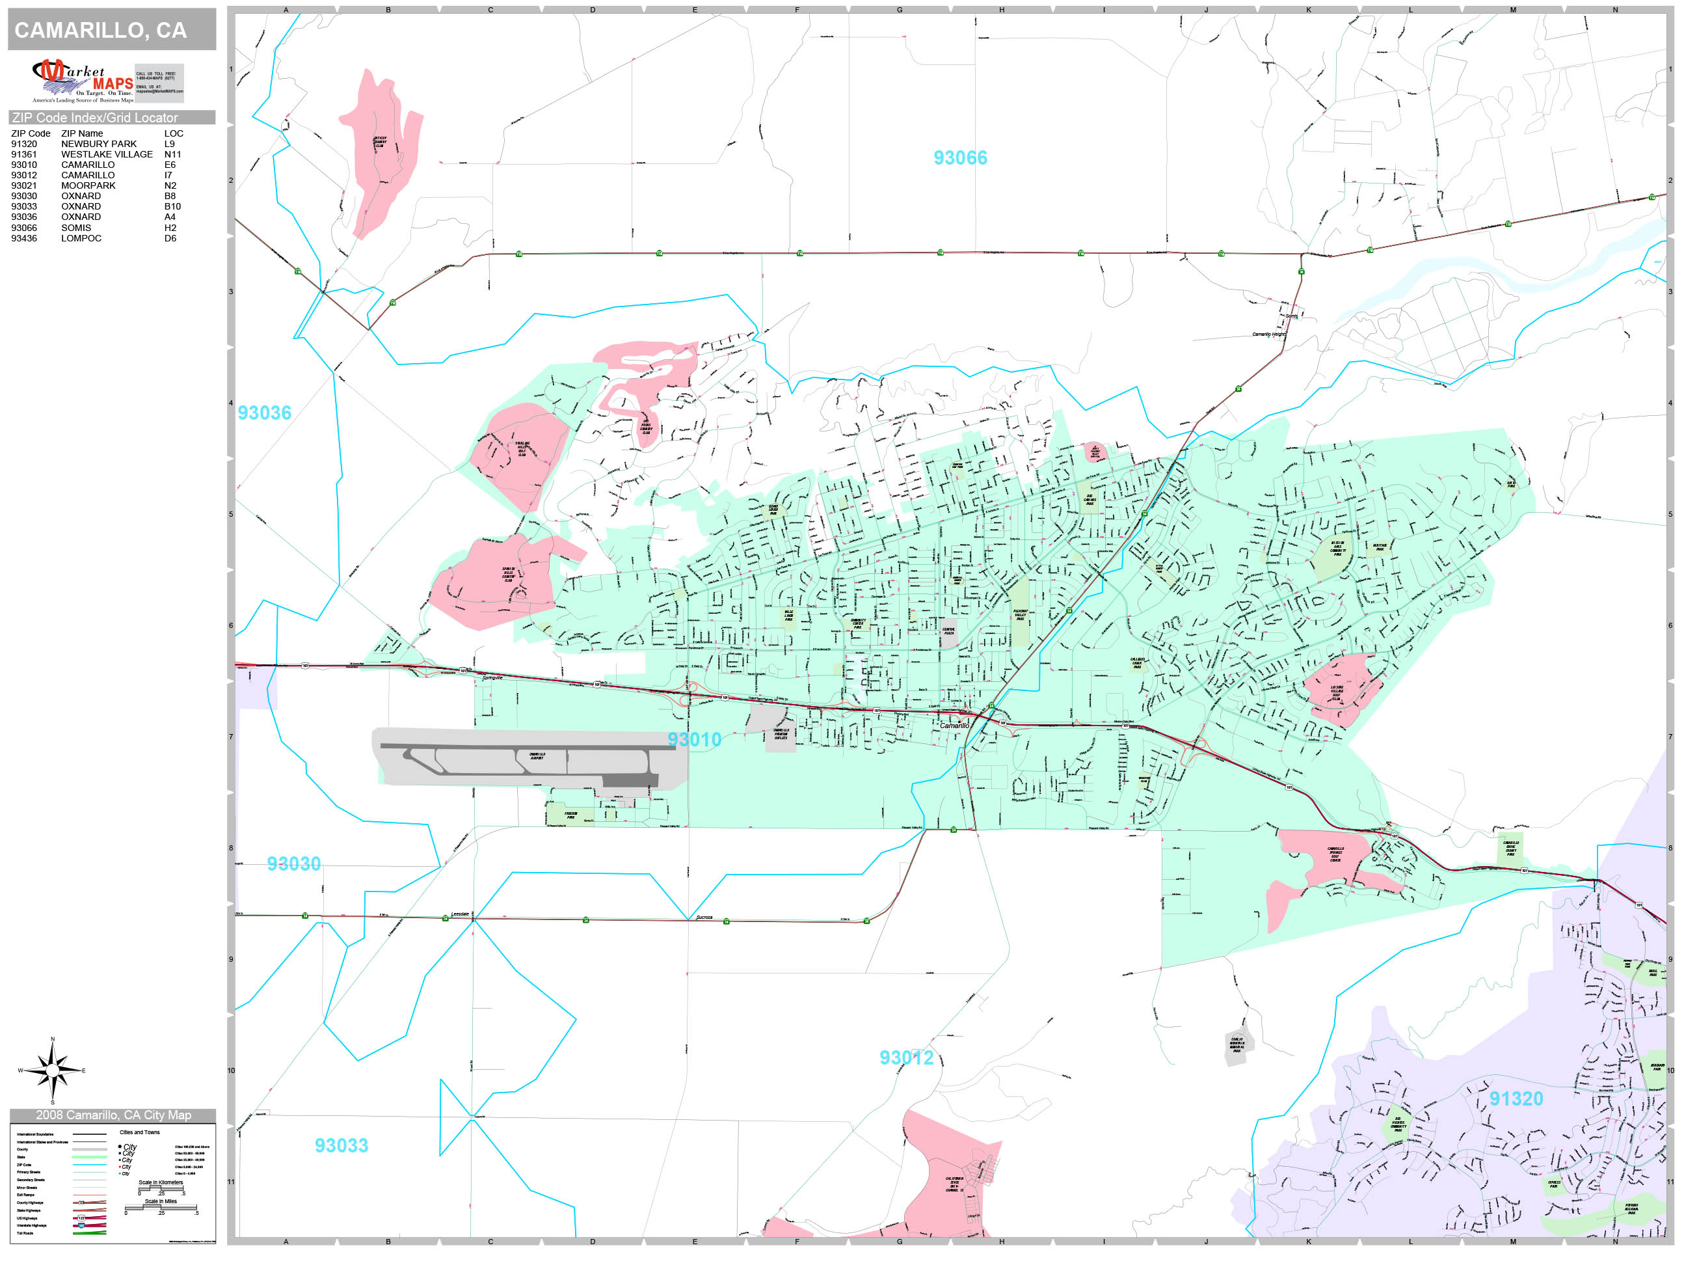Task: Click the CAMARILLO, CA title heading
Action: click(x=101, y=31)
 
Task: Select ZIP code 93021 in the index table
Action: click(x=23, y=185)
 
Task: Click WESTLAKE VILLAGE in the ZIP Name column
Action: click(x=107, y=154)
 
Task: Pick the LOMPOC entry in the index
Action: click(x=81, y=238)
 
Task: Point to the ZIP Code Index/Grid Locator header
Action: click(x=95, y=117)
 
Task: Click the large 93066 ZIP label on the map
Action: click(x=959, y=158)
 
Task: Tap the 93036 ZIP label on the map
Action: click(x=265, y=413)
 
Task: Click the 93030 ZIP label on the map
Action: click(x=293, y=864)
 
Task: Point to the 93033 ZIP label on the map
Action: click(x=341, y=1145)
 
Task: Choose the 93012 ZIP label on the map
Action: click(x=906, y=1057)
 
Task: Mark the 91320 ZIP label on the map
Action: click(x=1516, y=1099)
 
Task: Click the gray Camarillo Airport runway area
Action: click(x=526, y=758)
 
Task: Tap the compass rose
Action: click(x=53, y=1070)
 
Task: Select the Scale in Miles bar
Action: click(x=161, y=1208)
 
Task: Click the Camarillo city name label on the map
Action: click(x=954, y=725)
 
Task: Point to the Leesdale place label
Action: click(x=461, y=914)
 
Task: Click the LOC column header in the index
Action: click(x=174, y=133)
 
